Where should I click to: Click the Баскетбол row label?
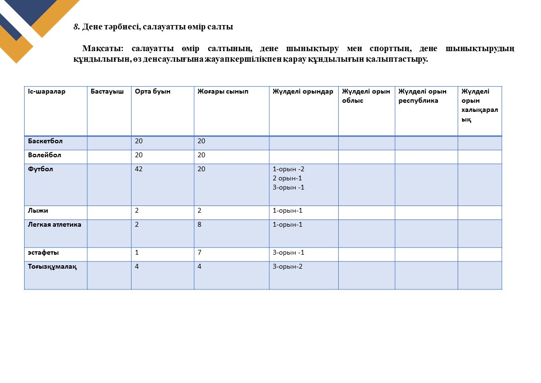pyautogui.click(x=45, y=141)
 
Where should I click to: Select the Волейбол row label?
pyautogui.click(x=44, y=155)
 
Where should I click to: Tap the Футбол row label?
pyautogui.click(x=40, y=169)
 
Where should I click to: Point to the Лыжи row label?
pyautogui.click(x=38, y=211)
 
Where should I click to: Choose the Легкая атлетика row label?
pyautogui.click(x=54, y=225)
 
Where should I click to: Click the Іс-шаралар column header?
pyautogui.click(x=47, y=92)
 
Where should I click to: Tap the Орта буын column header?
pyautogui.click(x=153, y=92)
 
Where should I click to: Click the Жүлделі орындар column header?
pyautogui.click(x=303, y=92)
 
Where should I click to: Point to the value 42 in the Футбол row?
pyautogui.click(x=139, y=169)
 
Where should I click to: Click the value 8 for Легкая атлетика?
pyautogui.click(x=199, y=225)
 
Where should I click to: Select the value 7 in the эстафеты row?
pyautogui.click(x=199, y=253)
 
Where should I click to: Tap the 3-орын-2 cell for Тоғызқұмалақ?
pyautogui.click(x=288, y=267)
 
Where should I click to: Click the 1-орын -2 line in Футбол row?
pyautogui.click(x=289, y=169)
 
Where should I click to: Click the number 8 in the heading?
pyautogui.click(x=76, y=27)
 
